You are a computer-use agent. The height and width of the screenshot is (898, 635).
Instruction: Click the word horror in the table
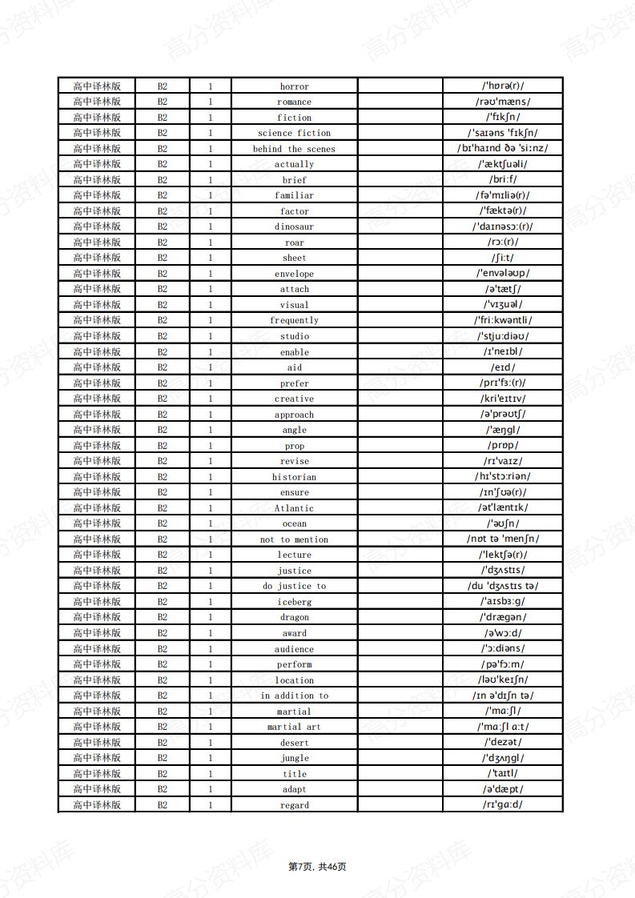294,86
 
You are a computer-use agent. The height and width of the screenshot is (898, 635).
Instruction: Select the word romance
294,102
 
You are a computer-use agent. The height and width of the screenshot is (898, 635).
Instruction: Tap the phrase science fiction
294,133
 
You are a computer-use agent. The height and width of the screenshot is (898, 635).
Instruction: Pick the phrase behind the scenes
294,149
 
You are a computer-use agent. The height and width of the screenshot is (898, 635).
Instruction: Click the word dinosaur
294,227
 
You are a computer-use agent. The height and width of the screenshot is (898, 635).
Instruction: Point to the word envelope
294,274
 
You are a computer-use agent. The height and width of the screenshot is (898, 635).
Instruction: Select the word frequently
294,320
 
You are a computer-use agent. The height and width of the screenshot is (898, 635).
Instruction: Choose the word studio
294,336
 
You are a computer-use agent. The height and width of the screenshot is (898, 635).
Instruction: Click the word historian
294,477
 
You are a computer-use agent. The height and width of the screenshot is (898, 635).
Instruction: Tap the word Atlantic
294,508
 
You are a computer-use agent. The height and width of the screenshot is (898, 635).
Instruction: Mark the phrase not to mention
294,539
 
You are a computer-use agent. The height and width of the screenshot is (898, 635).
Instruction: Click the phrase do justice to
294,586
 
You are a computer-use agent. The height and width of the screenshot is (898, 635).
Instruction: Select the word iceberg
294,602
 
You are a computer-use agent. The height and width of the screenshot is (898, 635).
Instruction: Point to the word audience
294,649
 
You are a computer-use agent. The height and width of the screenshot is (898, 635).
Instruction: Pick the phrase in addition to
294,696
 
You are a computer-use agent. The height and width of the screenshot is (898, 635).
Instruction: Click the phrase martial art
294,727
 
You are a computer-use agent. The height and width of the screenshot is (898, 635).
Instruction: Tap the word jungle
294,758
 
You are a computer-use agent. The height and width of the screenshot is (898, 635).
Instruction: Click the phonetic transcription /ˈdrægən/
503,617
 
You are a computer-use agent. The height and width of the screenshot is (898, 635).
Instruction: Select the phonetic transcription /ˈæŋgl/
503,430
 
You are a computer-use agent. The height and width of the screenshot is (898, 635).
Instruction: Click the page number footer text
317,867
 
